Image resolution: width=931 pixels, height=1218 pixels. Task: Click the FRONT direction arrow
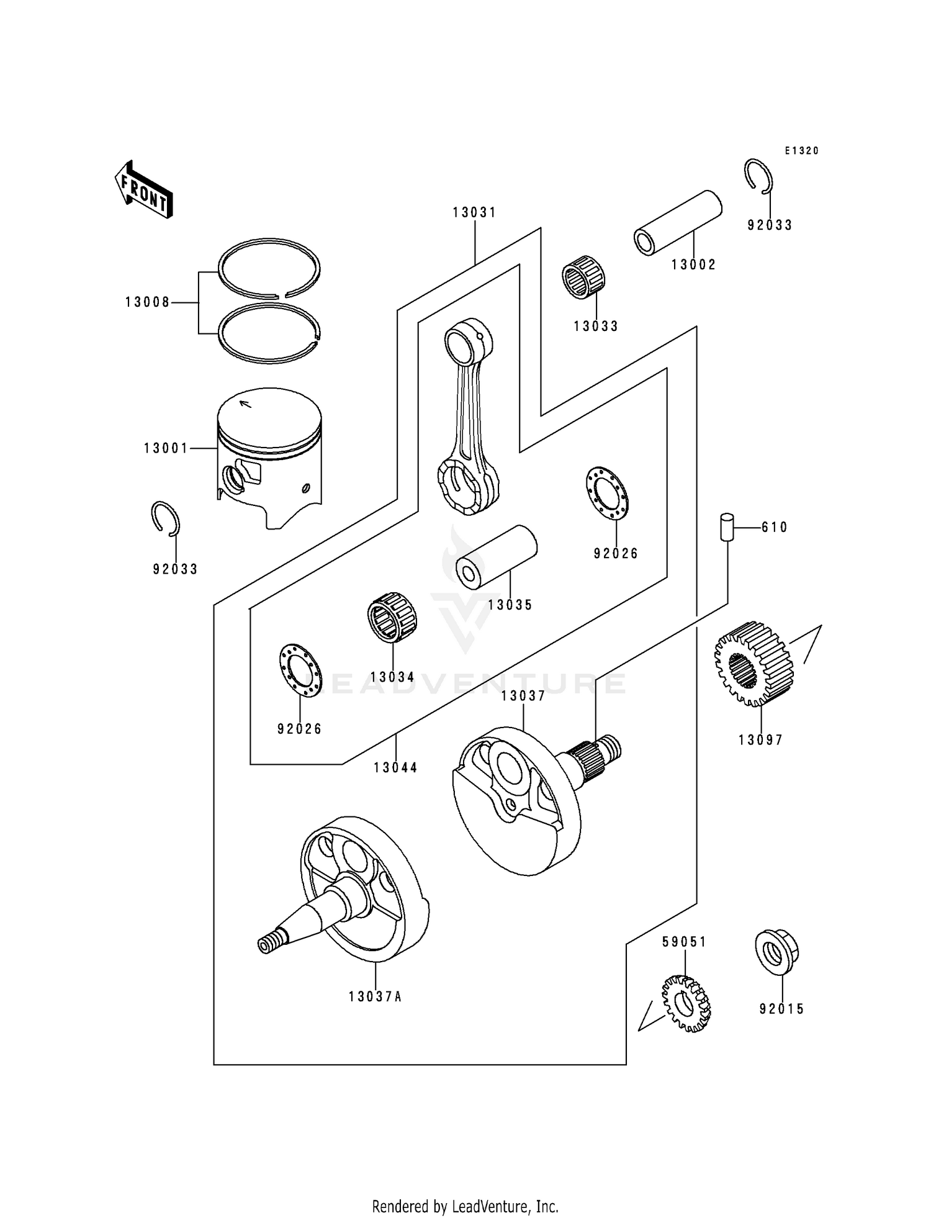tap(143, 190)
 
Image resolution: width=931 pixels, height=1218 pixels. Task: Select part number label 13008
tap(147, 302)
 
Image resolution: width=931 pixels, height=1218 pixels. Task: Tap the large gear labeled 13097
tap(753, 663)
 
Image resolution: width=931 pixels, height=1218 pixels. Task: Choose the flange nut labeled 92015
tap(776, 952)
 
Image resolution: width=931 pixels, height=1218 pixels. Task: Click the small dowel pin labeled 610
tap(727, 527)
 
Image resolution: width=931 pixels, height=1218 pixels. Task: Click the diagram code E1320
tap(801, 151)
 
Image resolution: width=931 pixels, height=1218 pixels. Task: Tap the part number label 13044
tap(395, 767)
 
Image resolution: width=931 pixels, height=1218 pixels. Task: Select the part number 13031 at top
tap(474, 212)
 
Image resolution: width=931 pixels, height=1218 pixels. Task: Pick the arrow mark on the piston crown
tap(245, 404)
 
